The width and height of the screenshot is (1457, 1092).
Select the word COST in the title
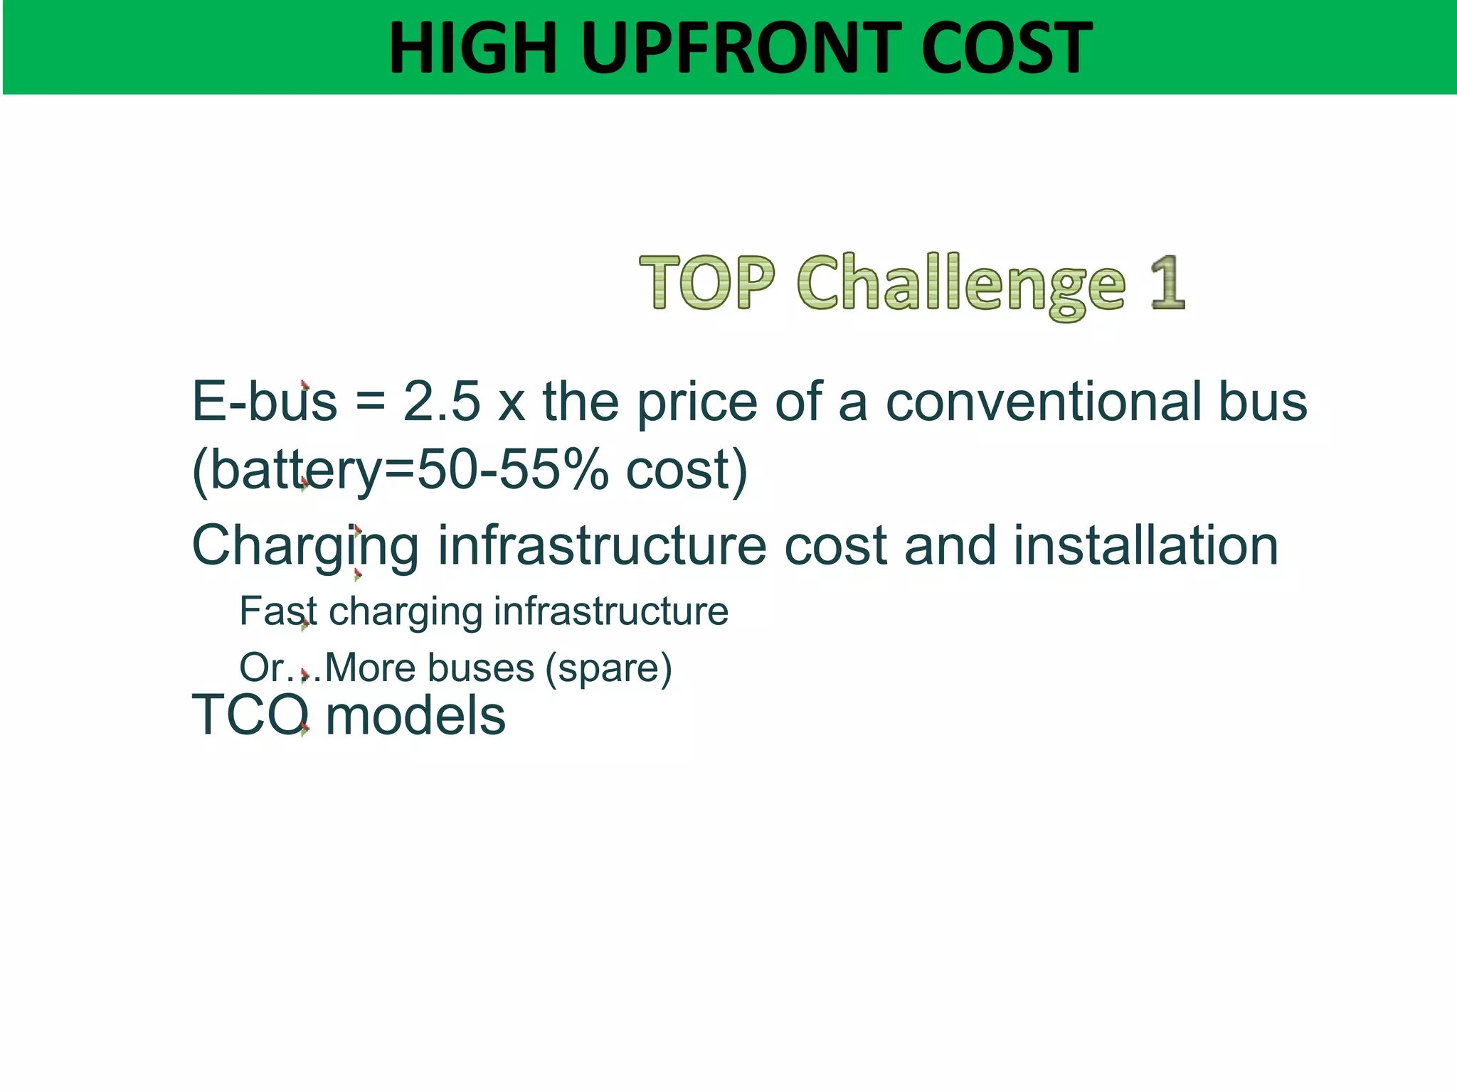(1006, 48)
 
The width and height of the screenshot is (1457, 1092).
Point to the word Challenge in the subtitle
(961, 284)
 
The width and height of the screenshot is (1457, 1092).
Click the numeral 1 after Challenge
(1167, 282)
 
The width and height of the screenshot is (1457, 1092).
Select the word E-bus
(264, 402)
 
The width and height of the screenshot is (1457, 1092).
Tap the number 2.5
(442, 402)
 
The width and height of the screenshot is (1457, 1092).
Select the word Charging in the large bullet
(305, 546)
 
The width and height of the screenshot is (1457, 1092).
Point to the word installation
(1145, 545)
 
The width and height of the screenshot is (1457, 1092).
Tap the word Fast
(277, 611)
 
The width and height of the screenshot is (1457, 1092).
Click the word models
(415, 715)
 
